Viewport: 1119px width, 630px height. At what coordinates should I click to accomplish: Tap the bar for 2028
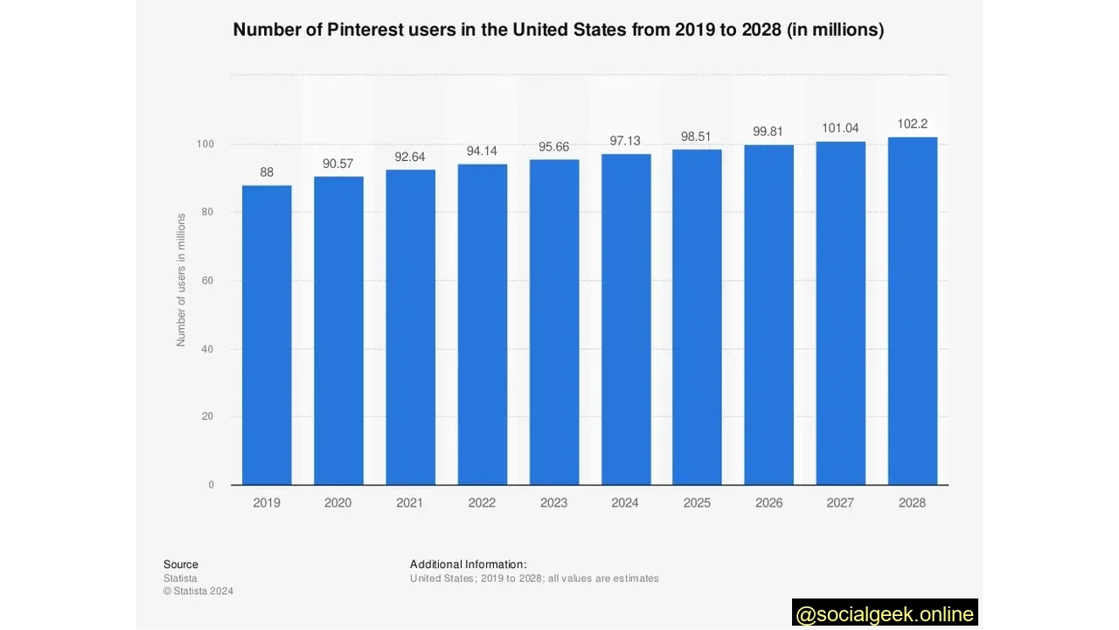point(912,311)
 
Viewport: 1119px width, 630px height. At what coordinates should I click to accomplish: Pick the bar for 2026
point(768,315)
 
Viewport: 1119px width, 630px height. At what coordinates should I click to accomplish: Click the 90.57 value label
point(338,164)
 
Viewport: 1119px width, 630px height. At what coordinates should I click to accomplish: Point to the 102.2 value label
point(912,124)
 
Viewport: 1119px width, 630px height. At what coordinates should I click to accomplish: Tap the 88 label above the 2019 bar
point(267,172)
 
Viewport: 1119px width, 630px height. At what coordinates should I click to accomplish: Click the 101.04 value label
point(840,129)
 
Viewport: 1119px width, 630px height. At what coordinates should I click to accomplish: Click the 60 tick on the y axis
point(208,281)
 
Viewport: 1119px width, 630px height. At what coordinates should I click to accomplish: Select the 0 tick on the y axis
point(211,485)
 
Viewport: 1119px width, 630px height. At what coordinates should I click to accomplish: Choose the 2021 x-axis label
point(410,503)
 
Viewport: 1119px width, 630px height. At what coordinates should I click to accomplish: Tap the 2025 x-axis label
point(697,503)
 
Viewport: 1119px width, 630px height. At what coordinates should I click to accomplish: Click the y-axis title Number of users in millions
point(182,280)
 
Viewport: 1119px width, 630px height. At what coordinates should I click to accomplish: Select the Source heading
point(181,564)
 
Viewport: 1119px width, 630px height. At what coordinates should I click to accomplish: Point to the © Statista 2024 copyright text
point(198,591)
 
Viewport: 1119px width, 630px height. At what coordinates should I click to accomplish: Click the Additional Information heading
point(468,564)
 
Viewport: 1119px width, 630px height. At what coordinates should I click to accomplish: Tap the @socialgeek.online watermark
point(885,614)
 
